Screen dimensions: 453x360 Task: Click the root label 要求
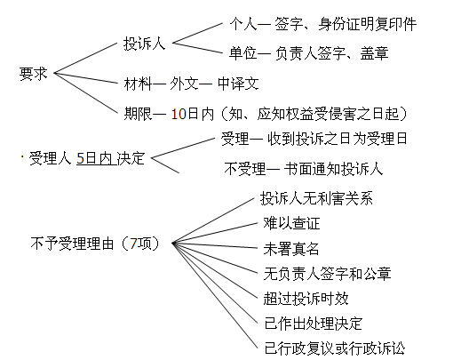[x=33, y=74]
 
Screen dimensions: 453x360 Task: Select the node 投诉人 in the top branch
[x=144, y=44]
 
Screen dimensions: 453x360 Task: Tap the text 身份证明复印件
[x=368, y=24]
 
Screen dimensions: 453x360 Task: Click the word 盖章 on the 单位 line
[x=374, y=53]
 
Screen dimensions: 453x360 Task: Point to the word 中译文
[x=238, y=84]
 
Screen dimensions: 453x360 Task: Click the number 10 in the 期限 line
[x=179, y=114]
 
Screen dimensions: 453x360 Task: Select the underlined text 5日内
[x=94, y=158]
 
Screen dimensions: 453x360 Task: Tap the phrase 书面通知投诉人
[x=333, y=169]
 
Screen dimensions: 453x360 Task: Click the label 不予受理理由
[x=72, y=244]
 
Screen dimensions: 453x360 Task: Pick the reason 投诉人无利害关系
[x=316, y=198]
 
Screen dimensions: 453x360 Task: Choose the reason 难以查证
[x=291, y=223]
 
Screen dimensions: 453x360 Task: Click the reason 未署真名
[x=291, y=249]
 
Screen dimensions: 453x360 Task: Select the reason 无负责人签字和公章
[x=327, y=274]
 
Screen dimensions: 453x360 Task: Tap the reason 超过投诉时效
[x=306, y=299]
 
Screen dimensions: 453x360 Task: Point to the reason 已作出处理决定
[x=314, y=324]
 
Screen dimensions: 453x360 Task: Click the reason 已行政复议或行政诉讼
[x=335, y=348]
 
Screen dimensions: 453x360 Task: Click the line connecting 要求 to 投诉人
[x=86, y=58]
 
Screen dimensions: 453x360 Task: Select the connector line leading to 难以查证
[x=215, y=233]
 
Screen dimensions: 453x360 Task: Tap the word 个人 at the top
[x=243, y=24]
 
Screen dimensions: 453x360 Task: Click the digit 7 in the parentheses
[x=134, y=244]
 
